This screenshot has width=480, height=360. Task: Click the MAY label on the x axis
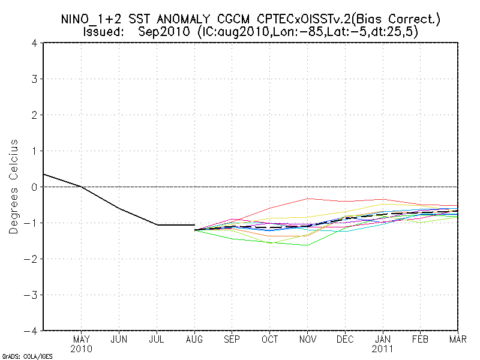pos(81,339)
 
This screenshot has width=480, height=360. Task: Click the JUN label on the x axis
pos(119,339)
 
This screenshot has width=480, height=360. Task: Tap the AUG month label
pos(194,339)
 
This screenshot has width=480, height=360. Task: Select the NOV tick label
pos(307,339)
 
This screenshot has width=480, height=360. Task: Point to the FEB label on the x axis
pos(420,339)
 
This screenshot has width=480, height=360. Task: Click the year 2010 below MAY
pos(81,349)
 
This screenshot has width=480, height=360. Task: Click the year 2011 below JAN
pos(382,349)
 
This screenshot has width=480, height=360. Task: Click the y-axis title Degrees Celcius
pos(14,187)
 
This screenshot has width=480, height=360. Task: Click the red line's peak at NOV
pos(307,198)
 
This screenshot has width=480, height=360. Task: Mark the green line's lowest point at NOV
pos(307,245)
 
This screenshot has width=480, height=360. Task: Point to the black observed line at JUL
pos(157,224)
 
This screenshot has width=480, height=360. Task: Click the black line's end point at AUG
pos(194,224)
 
